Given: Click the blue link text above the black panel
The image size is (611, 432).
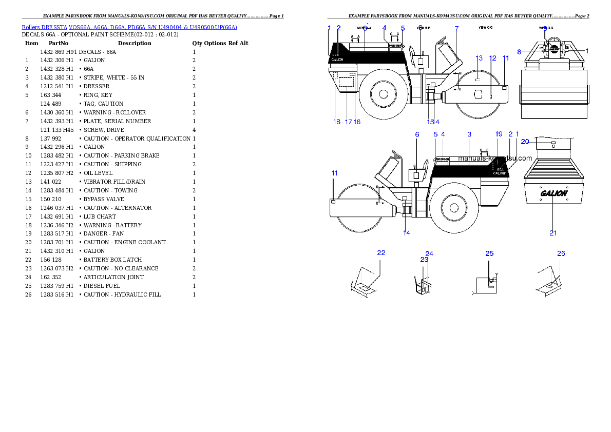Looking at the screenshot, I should (129, 27).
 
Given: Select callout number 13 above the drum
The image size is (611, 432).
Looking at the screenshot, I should (479, 58).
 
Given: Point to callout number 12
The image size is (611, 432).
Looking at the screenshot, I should (493, 58).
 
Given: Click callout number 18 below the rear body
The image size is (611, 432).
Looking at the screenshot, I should (337, 122).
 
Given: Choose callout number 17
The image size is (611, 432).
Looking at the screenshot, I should (348, 122).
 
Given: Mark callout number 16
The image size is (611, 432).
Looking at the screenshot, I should (357, 122).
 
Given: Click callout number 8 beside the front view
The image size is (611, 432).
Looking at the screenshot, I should (519, 52).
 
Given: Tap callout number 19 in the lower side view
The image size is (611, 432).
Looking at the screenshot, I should (499, 134).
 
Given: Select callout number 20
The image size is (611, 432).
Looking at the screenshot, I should (525, 141).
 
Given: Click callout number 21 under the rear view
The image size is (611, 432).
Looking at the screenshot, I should (553, 233).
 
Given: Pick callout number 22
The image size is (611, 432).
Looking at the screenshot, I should (381, 253).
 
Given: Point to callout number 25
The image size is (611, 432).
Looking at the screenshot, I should (489, 253).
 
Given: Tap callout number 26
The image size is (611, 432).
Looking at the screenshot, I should (561, 253).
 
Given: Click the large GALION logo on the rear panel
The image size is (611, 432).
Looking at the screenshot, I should (553, 193).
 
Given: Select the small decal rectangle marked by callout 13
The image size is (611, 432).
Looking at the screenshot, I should (478, 80).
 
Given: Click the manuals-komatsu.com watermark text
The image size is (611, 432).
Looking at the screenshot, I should (495, 159).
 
